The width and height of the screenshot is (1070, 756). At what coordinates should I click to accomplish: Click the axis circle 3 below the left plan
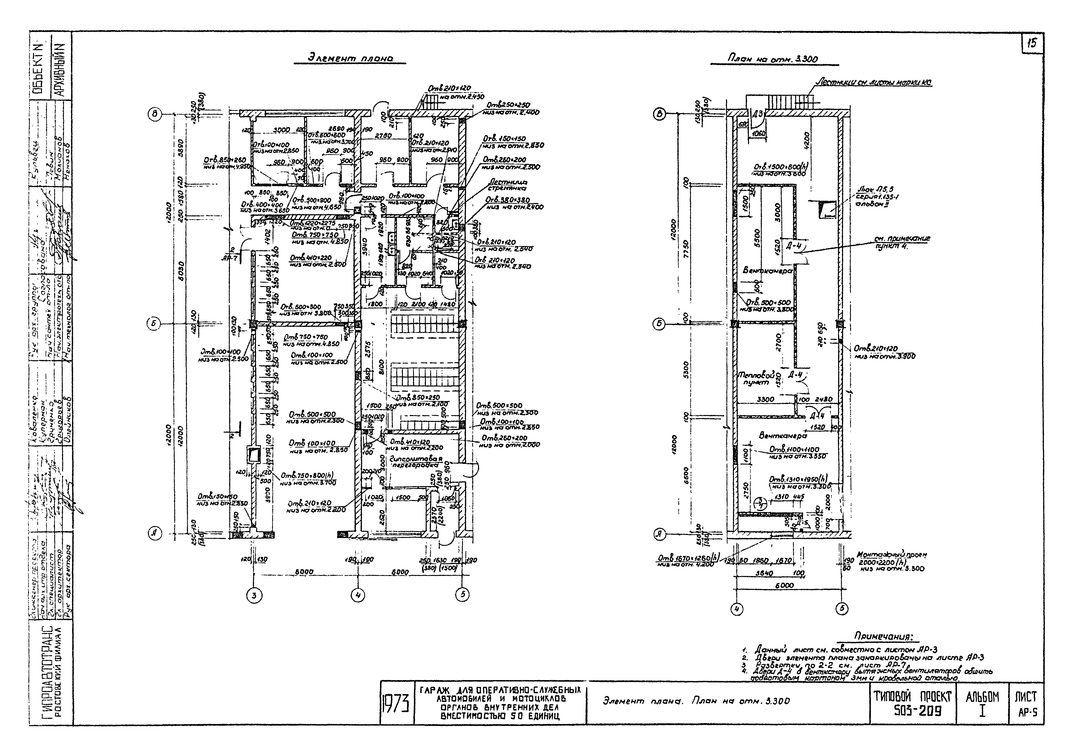(x=254, y=596)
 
